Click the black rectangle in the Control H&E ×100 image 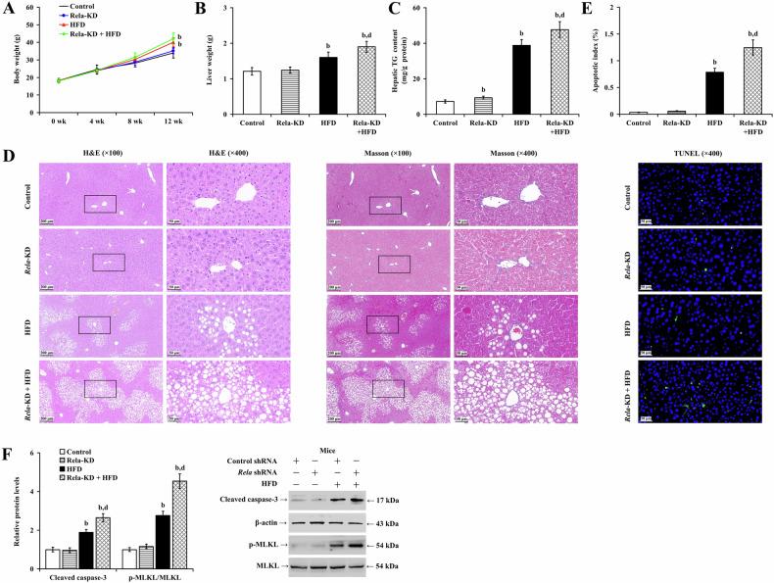(x=100, y=203)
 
